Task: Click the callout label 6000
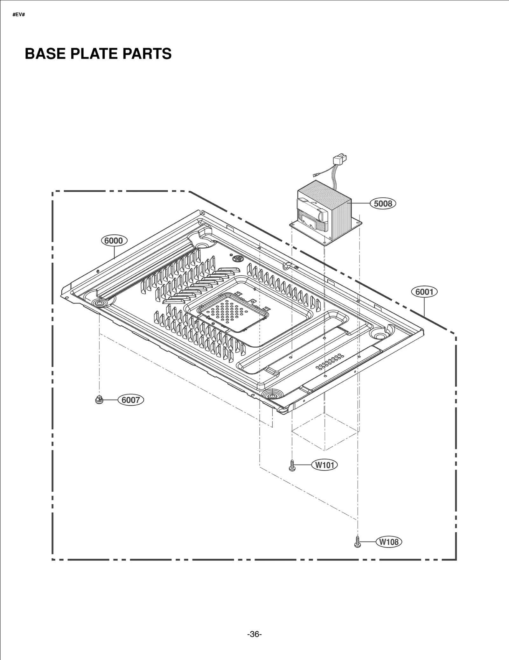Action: coord(114,240)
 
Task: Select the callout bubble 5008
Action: coord(383,203)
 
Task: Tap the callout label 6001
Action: coord(424,292)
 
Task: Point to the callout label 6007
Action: coord(131,400)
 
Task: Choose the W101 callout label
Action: coord(324,465)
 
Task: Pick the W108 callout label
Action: coord(389,542)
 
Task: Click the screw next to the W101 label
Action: coord(292,465)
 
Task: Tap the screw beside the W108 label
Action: coord(357,542)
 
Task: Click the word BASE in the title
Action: coord(45,53)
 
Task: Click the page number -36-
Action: coord(254,634)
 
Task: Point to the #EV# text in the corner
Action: coord(18,15)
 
